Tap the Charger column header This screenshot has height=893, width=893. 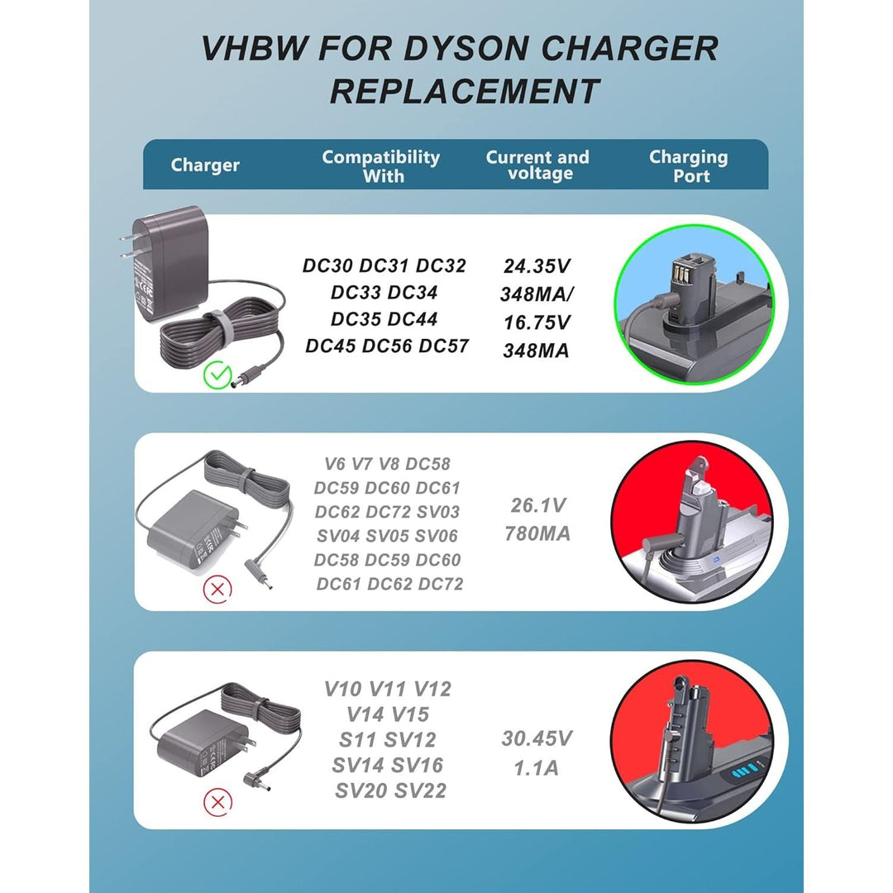(x=205, y=165)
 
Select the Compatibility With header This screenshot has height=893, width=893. (x=380, y=165)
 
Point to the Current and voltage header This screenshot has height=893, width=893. (x=537, y=165)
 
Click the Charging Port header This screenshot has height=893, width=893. (x=688, y=165)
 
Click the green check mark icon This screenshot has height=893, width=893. (x=217, y=376)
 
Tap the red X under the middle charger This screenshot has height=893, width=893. (x=217, y=589)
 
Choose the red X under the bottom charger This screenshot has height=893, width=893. (x=217, y=801)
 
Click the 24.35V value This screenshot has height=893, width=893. (x=537, y=266)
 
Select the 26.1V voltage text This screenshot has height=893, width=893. (x=537, y=505)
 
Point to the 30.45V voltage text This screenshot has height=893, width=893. (x=537, y=738)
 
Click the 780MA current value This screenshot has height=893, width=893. (x=537, y=534)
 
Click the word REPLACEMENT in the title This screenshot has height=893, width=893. (x=465, y=91)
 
